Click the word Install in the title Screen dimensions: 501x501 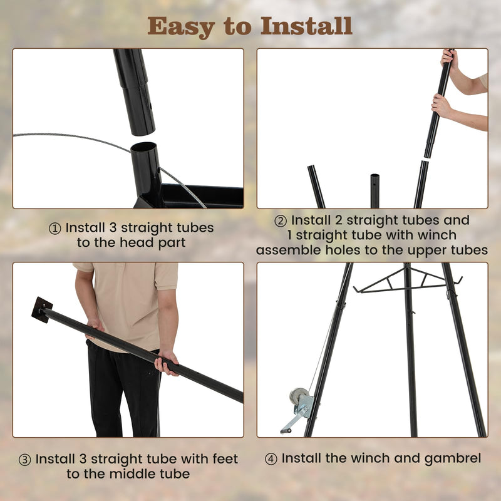click(306, 26)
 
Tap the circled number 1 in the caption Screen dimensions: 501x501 click(55, 229)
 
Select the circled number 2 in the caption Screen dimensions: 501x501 click(281, 221)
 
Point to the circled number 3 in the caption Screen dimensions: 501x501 click(25, 460)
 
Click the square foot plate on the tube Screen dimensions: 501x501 click(42, 309)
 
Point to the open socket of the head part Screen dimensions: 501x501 click(145, 150)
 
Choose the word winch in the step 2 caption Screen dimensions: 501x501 click(438, 235)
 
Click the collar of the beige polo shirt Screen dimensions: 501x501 click(125, 268)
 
